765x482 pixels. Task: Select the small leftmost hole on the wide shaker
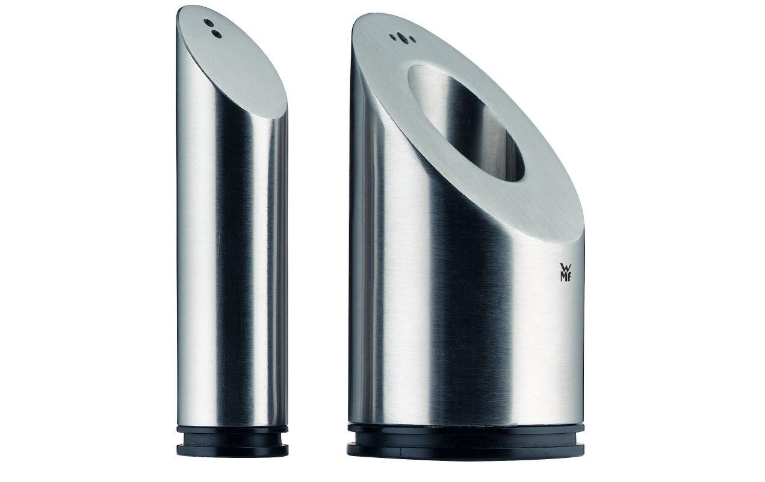coord(392,37)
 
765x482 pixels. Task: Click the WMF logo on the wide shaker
coord(566,272)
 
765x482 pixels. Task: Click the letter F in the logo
coord(570,277)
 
